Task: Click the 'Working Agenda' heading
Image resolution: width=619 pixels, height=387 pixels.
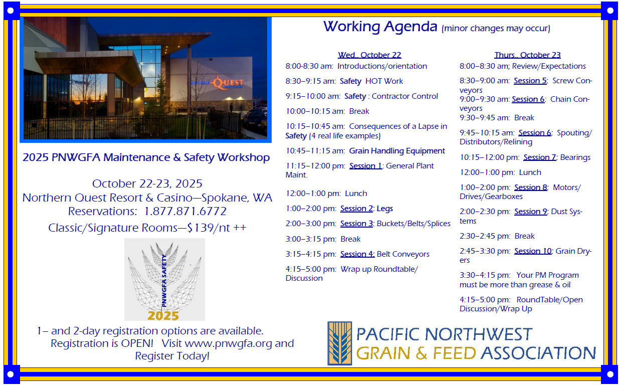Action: [x=380, y=27]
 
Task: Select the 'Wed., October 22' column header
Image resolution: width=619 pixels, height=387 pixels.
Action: [x=369, y=55]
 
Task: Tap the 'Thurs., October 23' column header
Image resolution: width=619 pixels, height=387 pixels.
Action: [x=528, y=55]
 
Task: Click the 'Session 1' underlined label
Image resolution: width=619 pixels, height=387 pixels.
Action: [x=365, y=166]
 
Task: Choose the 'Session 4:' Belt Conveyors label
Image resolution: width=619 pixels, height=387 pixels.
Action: [x=357, y=254]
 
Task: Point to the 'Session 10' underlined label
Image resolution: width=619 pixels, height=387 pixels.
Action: [x=533, y=251]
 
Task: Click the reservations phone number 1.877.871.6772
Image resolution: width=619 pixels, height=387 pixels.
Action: [x=185, y=212]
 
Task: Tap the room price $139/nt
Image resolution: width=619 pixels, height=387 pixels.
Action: [x=209, y=228]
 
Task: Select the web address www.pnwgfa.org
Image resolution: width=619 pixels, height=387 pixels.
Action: [x=228, y=343]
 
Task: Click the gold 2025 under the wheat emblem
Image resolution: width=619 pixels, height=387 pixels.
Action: [x=163, y=316]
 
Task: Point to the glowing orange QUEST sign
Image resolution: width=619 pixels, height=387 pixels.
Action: [x=228, y=83]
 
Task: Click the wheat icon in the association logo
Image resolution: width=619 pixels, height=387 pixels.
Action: [x=340, y=343]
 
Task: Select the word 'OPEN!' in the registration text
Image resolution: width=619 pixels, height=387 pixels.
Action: [x=137, y=343]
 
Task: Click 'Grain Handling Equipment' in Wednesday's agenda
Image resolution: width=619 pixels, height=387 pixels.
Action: [x=397, y=151]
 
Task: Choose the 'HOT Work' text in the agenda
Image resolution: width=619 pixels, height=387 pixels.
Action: [x=384, y=81]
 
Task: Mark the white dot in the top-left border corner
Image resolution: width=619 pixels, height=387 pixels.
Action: [x=11, y=11]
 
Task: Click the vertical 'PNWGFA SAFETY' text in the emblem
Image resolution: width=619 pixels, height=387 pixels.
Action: [x=164, y=281]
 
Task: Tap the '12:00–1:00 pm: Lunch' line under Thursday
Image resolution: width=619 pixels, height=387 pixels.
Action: [x=500, y=172]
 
